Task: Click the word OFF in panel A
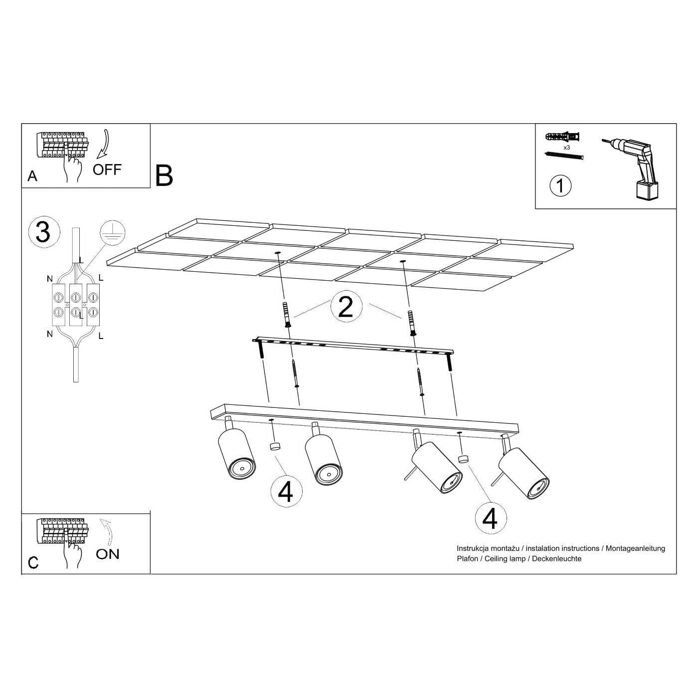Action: pos(107,170)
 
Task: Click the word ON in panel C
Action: pos(108,554)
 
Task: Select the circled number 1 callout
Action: pos(560,186)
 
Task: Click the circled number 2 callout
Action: pos(347,306)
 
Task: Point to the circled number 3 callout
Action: pos(44,232)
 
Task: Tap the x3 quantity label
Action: pos(566,148)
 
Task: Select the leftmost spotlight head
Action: pos(236,451)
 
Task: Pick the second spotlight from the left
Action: pos(324,455)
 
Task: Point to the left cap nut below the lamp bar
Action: pos(275,446)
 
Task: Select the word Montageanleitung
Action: pos(635,548)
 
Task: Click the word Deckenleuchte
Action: pos(557,558)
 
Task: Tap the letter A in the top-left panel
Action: pos(32,176)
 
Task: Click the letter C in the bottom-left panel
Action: pos(33,562)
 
